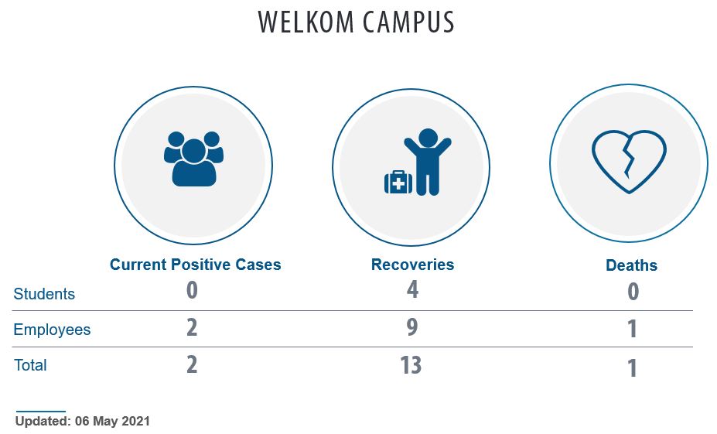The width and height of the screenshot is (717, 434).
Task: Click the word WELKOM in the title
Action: pos(306,22)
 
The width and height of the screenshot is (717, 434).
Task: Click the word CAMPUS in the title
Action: pos(409,22)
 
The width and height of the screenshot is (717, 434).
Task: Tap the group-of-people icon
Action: pos(193,159)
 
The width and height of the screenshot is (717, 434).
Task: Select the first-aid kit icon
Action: pos(398,183)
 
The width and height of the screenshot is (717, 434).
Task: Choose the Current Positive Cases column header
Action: pos(195,265)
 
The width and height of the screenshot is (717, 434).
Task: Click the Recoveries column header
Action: pos(412,265)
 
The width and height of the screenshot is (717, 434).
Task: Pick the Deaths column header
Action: pos(631,265)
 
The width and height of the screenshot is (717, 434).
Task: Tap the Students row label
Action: pos(44,294)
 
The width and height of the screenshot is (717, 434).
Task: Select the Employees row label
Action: pos(52,330)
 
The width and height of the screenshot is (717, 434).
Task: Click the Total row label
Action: pos(30,365)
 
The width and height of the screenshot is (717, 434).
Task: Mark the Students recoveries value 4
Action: pos(412,289)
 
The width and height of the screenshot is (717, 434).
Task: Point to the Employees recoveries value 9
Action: pos(412,327)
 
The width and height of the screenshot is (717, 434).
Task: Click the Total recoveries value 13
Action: pos(411,365)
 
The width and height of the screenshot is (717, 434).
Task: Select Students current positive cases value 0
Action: pos(192,290)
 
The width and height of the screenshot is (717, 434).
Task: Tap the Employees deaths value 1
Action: pos(632,329)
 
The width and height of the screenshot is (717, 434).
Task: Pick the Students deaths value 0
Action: pos(633,292)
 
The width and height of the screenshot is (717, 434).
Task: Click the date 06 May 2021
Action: pos(112,421)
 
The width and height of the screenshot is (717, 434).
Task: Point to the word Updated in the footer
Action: pos(43,421)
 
